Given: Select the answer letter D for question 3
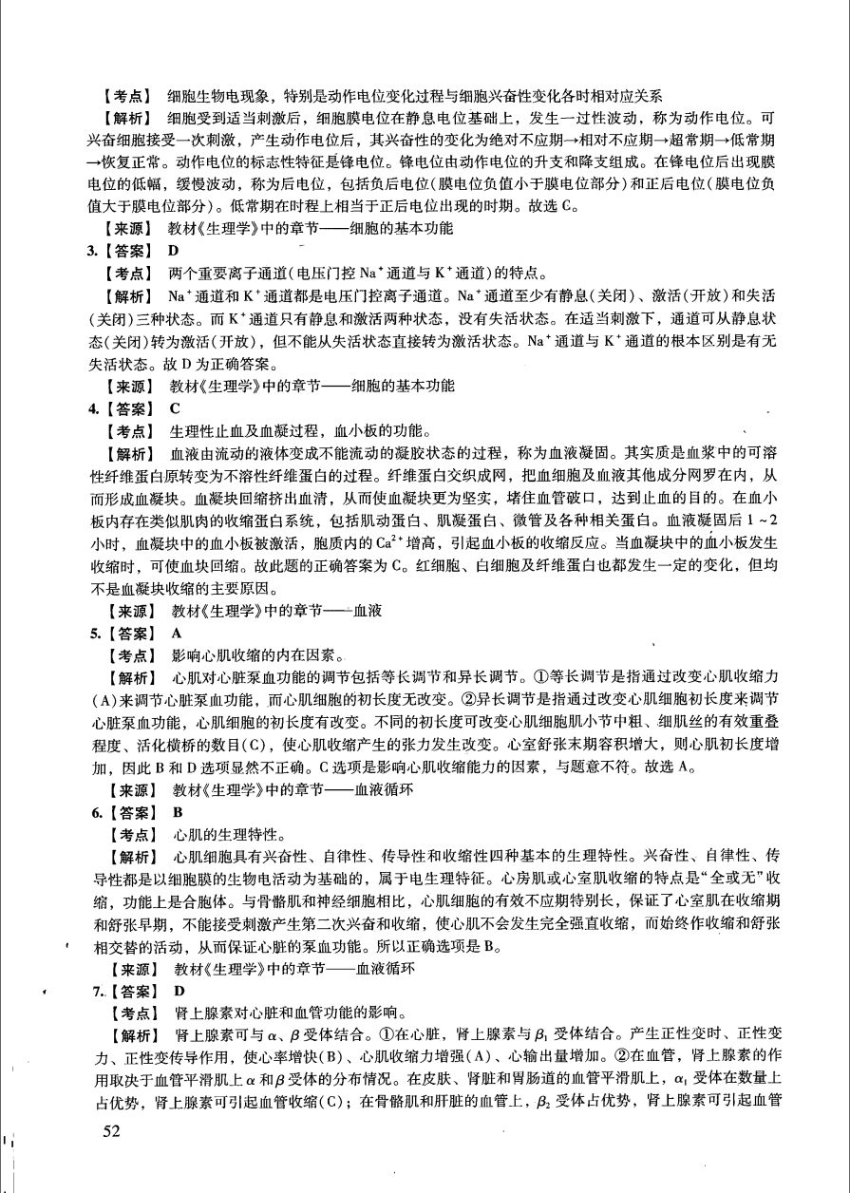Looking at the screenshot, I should click(x=173, y=251).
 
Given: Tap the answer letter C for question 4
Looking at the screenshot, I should click(x=174, y=408).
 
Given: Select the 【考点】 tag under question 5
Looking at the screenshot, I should click(x=132, y=655).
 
